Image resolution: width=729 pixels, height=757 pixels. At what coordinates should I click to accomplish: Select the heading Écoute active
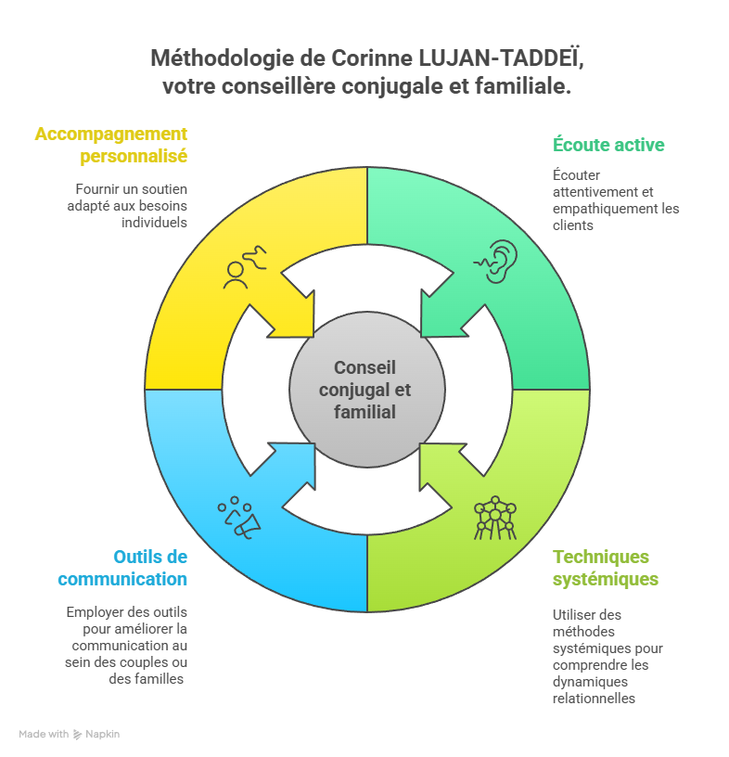tap(608, 145)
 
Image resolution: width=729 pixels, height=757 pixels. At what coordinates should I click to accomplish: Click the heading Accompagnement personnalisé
tap(111, 145)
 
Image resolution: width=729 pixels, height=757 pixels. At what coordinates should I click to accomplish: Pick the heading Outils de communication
tap(122, 568)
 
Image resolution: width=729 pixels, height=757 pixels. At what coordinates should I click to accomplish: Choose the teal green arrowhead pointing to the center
tap(438, 315)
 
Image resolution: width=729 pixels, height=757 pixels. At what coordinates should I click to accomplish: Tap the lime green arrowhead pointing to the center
tap(438, 464)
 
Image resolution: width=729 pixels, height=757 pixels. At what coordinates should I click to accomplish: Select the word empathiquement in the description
tap(595, 208)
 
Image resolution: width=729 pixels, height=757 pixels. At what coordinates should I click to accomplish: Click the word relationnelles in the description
tap(594, 698)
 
